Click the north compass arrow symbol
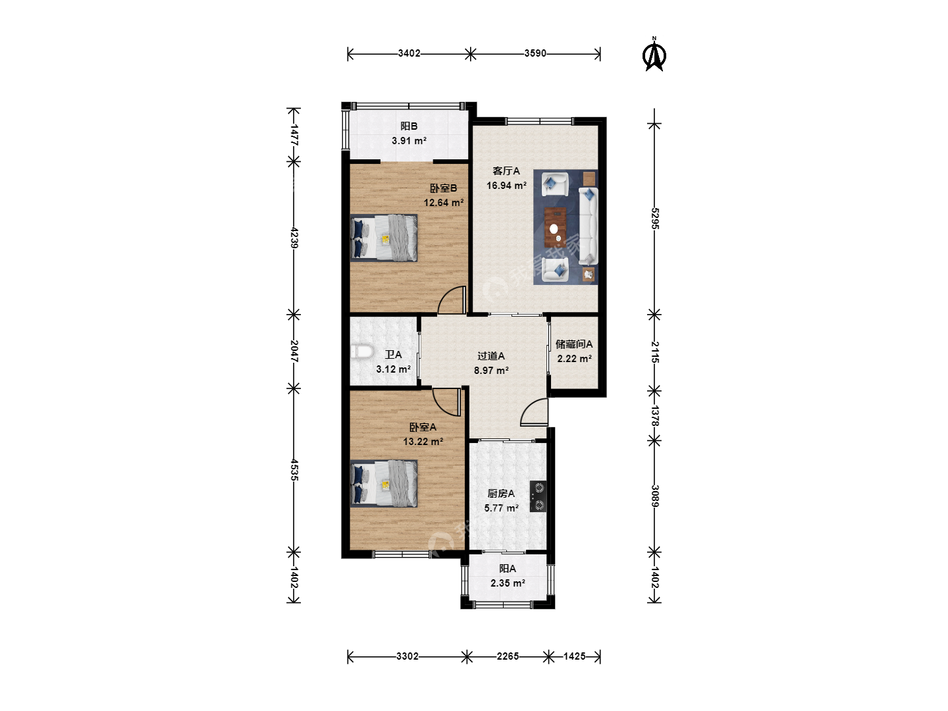pos(654,55)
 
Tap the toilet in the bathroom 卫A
pos(361,352)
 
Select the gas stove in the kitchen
pos(538,496)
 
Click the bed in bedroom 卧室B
pos(384,238)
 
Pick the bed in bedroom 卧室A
pos(384,483)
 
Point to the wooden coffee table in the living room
pos(555,227)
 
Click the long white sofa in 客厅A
pos(589,226)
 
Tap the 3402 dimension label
pos(409,53)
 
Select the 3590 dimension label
pos(535,53)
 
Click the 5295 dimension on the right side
pos(655,219)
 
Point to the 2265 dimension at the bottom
pos(508,656)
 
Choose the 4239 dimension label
pos(294,238)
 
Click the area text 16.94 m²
pos(506,186)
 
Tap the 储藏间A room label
pos(574,344)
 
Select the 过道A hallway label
pos(491,355)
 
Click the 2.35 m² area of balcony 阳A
pos(508,583)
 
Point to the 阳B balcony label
pos(409,126)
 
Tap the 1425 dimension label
pos(575,656)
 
